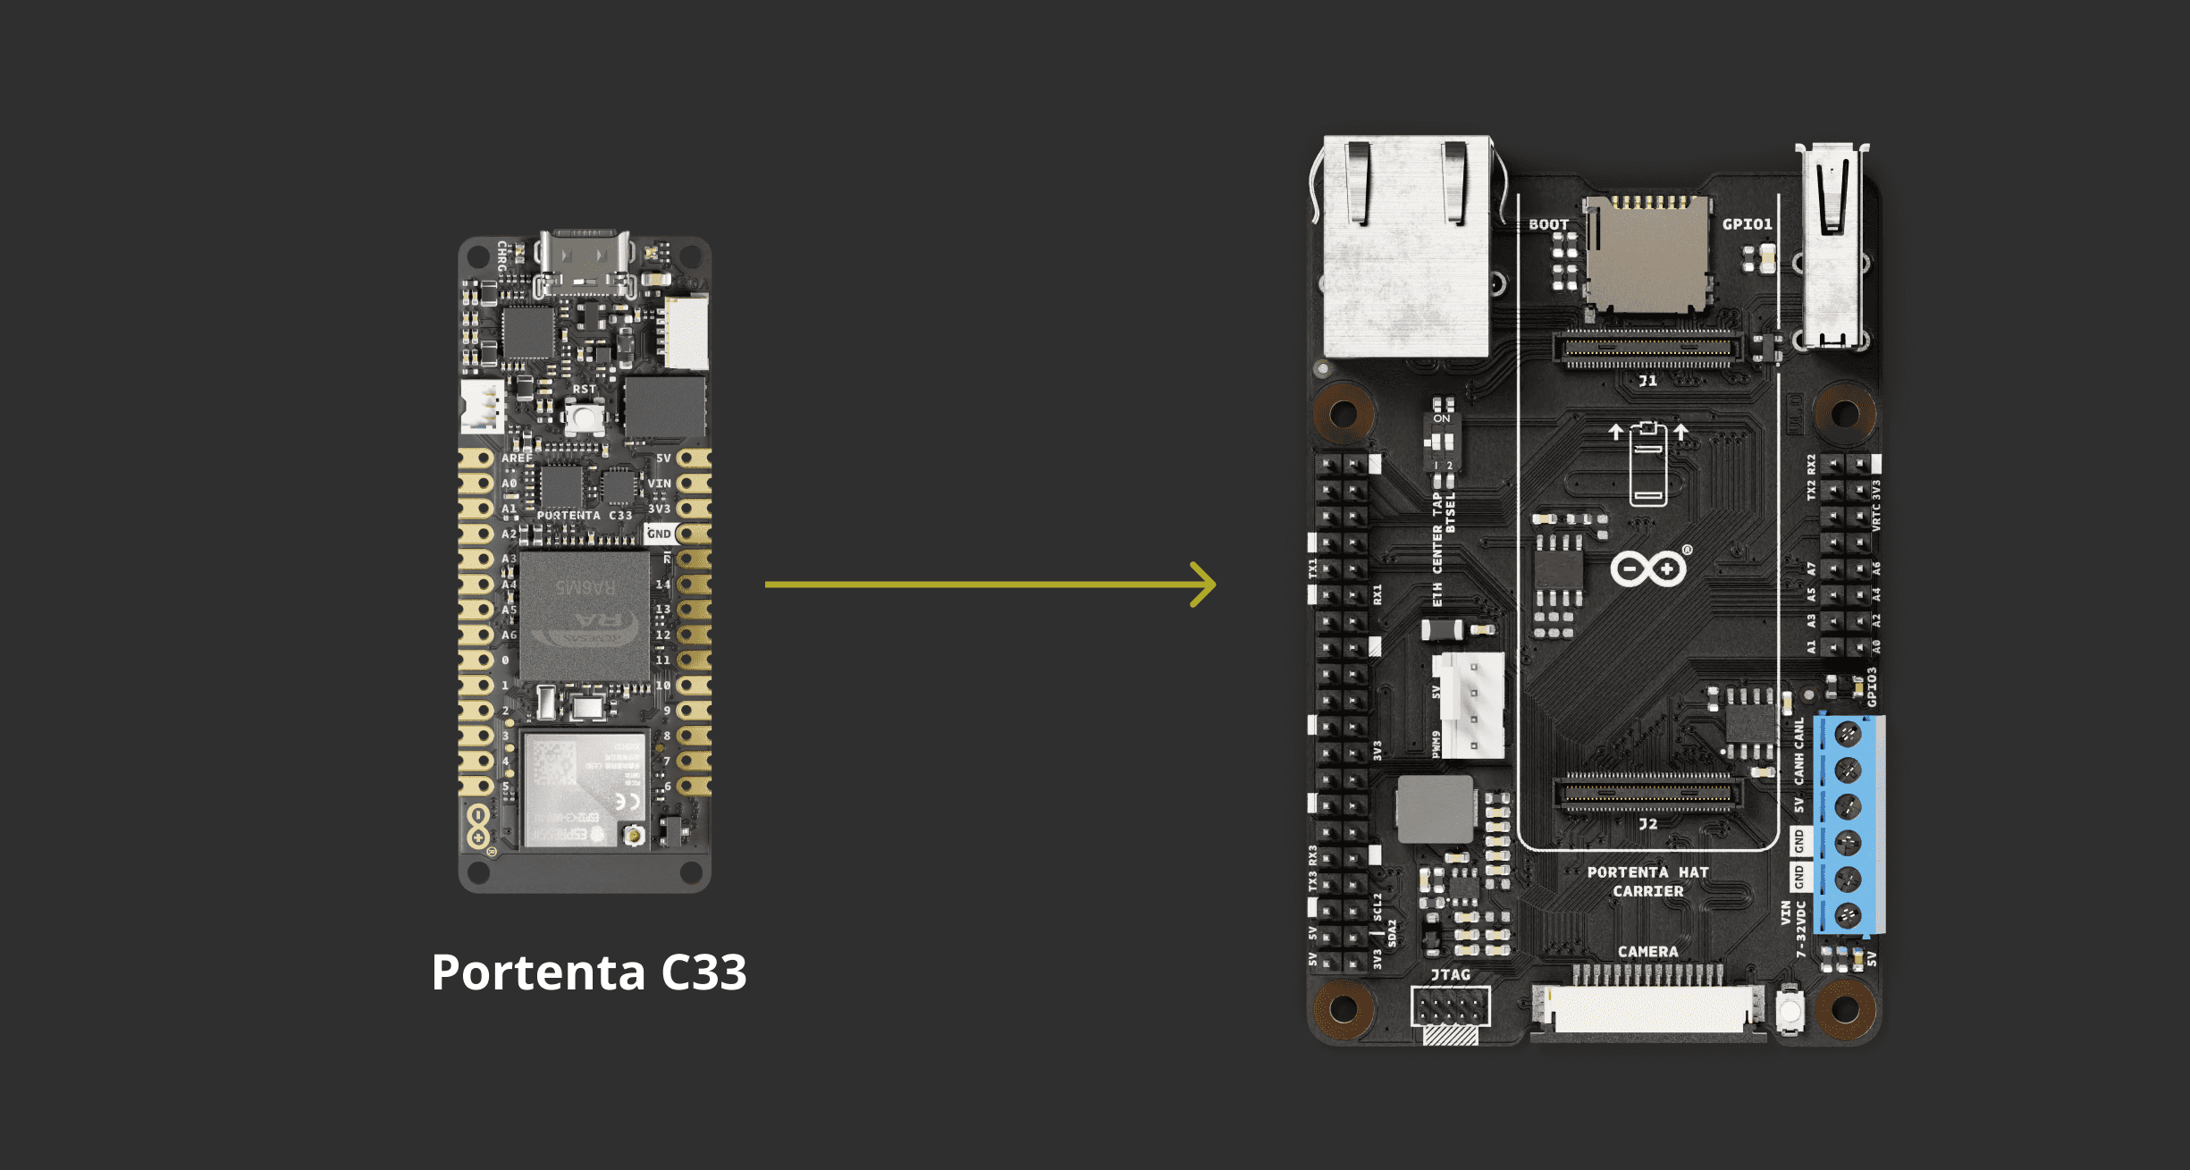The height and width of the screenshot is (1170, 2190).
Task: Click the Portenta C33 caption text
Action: click(588, 972)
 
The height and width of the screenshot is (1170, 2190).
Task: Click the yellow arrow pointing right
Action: click(990, 585)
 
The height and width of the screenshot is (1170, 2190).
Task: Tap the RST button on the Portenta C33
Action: click(585, 416)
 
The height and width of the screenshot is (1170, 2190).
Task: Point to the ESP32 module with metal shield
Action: click(583, 790)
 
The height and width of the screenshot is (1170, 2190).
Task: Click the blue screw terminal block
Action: click(1849, 824)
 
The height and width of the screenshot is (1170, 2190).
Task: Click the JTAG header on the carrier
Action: click(1450, 1008)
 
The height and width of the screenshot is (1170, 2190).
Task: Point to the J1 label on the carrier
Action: click(1647, 381)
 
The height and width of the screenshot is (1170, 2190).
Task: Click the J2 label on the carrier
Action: click(1647, 823)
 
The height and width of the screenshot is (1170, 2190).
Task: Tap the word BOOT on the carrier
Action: click(1548, 224)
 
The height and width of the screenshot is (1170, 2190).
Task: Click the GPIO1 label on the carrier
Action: click(1747, 224)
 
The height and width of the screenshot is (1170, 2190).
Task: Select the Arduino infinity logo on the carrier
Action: click(1648, 568)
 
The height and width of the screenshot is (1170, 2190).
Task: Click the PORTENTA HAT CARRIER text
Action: click(1647, 881)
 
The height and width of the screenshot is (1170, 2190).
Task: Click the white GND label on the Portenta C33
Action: click(659, 534)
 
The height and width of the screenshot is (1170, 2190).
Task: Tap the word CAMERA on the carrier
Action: click(1647, 952)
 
